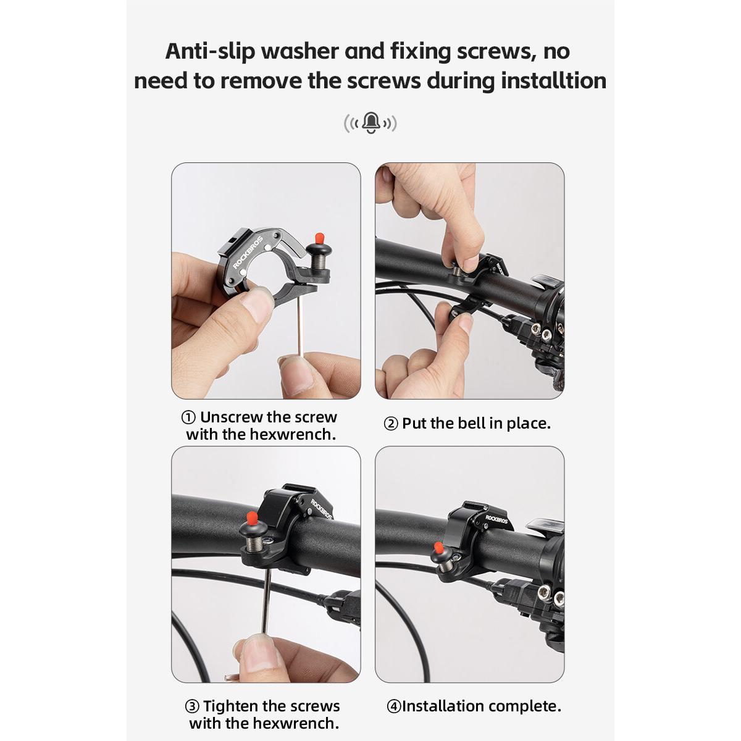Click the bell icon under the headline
point(371,122)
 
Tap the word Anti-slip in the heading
point(209,51)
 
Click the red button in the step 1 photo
point(320,238)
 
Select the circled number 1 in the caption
point(189,417)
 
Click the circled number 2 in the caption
point(391,424)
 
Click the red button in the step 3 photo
point(252,516)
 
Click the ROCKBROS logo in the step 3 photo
point(321,509)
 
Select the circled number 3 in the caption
point(193,706)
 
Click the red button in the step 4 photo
point(438,548)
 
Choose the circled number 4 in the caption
point(394,706)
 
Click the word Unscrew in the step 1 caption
point(231,417)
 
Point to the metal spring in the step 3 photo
point(254,546)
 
